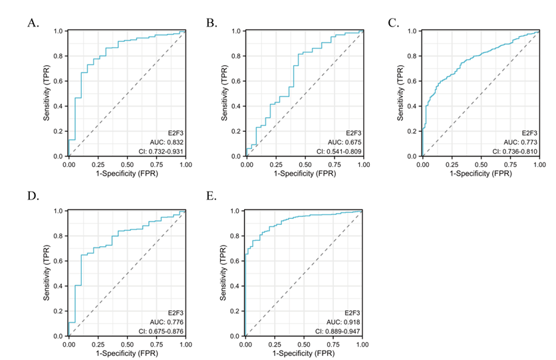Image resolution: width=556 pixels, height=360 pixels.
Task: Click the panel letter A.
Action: click(33, 23)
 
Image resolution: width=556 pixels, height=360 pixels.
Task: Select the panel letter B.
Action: click(211, 23)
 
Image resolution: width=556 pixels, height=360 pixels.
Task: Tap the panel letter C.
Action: click(394, 23)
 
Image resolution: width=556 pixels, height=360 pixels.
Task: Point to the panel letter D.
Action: click(33, 196)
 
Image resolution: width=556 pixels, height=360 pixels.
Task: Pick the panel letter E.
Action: click(211, 196)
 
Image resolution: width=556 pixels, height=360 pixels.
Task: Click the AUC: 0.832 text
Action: click(167, 142)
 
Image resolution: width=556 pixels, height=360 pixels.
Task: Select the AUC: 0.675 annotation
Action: click(345, 142)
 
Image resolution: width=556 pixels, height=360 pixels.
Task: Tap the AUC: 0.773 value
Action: click(521, 142)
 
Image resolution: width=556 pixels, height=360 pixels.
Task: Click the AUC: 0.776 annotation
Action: click(167, 322)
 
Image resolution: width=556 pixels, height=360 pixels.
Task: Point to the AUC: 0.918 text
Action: click(343, 322)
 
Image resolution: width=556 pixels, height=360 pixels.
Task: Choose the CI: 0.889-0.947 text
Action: click(338, 331)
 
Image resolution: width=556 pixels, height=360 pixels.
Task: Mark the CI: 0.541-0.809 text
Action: click(339, 152)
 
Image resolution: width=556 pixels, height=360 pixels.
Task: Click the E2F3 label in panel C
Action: click(530, 133)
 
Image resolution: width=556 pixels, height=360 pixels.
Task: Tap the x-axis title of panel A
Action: click(127, 174)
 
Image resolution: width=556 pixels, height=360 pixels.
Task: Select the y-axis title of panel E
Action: click(223, 273)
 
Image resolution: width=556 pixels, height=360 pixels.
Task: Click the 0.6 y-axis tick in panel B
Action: click(236, 81)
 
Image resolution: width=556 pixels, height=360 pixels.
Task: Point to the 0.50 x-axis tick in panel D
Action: click(127, 345)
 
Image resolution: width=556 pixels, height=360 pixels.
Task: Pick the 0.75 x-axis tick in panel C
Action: click(511, 164)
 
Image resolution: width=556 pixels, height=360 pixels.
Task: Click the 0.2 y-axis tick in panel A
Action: click(58, 131)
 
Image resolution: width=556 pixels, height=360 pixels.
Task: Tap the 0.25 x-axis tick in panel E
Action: click(275, 345)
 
